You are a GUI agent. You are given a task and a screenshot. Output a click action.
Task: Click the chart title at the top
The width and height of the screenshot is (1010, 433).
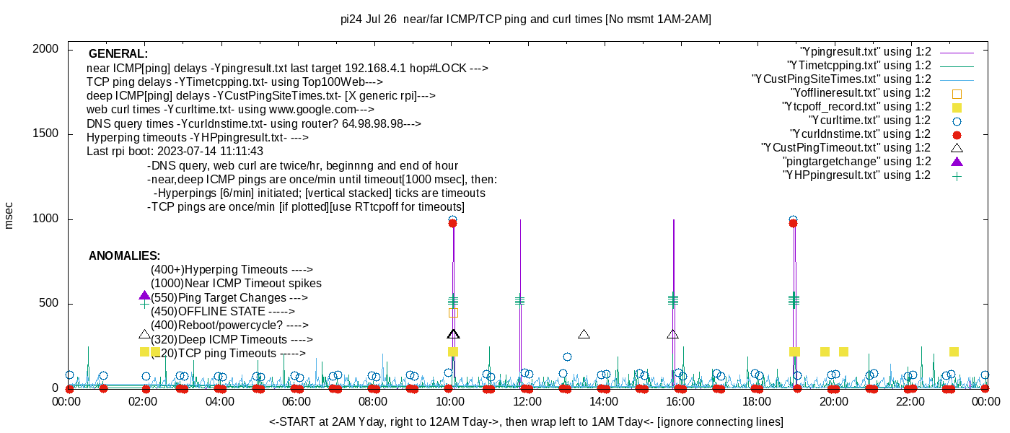pos(525,19)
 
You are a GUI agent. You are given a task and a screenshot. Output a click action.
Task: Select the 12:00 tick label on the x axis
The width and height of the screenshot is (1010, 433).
pos(527,402)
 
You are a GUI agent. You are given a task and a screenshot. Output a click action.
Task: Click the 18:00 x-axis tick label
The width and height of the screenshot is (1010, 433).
pos(756,402)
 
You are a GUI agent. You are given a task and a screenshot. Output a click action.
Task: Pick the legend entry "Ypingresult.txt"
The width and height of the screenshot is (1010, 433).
pos(866,52)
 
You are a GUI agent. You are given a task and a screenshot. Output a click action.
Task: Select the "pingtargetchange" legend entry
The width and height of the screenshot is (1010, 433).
pos(857,162)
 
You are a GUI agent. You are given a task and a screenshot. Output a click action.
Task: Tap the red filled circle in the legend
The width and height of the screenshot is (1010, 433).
pos(957,134)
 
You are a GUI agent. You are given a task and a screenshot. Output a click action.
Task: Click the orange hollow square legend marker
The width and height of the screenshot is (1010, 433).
pos(957,93)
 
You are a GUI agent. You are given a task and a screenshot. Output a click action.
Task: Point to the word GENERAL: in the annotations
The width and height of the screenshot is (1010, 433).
pos(118,54)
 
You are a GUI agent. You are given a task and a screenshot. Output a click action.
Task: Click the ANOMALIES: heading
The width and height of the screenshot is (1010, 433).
pos(124,256)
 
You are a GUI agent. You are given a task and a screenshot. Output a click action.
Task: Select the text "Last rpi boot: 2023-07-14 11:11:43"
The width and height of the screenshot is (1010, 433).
pos(175,152)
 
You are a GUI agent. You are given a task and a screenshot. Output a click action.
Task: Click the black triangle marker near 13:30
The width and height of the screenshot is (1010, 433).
pos(584,334)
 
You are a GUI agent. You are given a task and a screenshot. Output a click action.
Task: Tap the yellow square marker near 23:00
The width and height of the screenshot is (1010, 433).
pos(954,351)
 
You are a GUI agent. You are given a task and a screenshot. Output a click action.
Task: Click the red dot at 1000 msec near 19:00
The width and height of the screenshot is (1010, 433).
pos(793,224)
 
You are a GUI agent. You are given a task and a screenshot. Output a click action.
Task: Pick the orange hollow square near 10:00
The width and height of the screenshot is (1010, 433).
pos(453,312)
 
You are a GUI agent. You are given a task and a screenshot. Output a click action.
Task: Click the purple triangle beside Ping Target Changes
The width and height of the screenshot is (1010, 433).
pos(144,296)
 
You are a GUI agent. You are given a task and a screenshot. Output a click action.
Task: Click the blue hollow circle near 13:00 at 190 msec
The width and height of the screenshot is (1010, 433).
pos(567,357)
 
